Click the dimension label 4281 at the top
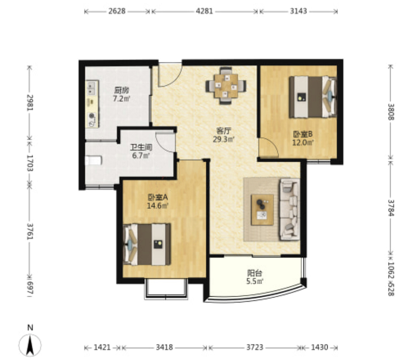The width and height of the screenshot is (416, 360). point(204,11)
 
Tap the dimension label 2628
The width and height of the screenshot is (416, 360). point(117,11)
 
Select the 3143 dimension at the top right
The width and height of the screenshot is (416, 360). point(299,11)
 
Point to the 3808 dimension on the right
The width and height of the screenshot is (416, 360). point(391,112)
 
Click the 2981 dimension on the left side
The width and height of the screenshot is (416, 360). point(30,103)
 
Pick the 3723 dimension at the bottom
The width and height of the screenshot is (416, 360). point(255,347)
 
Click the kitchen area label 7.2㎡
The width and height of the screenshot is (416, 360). point(121,99)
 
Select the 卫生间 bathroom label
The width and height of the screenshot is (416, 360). point(141,147)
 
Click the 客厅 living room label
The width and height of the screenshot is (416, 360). point(224,131)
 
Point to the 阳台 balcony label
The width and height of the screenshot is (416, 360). point(255,273)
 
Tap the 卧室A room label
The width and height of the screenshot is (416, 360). point(158,197)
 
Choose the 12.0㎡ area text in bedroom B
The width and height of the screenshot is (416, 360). point(303,143)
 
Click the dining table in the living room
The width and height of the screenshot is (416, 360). point(226,85)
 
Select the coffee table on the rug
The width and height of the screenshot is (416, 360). point(263,210)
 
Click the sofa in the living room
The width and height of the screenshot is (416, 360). point(290,209)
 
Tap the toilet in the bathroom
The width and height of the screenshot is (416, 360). point(93,161)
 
